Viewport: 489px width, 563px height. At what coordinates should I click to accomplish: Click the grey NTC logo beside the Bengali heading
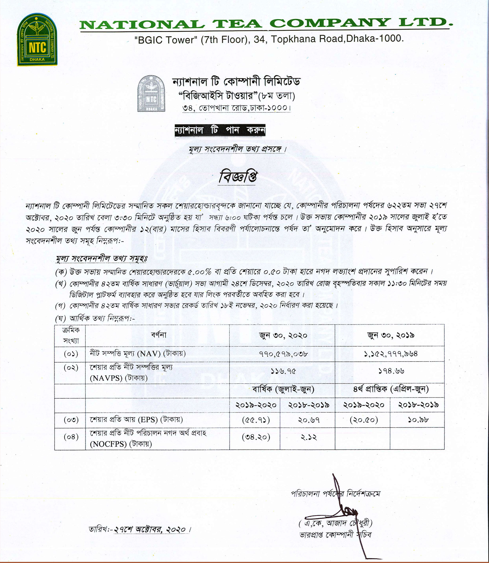pos(151,93)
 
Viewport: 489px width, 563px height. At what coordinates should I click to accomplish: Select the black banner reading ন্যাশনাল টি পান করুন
pos(220,130)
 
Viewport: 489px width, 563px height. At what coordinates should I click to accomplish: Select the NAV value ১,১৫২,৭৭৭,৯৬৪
pos(390,354)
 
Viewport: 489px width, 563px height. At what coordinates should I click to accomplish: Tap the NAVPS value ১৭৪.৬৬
pos(391,371)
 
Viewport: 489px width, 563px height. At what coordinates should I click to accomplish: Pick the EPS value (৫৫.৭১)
pos(256,420)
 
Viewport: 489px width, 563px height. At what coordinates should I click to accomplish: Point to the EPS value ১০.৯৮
pos(418,420)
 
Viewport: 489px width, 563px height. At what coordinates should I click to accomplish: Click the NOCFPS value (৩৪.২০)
pos(256,437)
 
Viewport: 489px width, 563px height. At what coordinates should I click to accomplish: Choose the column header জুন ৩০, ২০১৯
pos(390,335)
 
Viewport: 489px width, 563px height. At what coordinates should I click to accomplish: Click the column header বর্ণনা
pos(159,335)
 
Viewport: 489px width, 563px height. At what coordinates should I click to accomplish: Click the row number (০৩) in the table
pos(71,420)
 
